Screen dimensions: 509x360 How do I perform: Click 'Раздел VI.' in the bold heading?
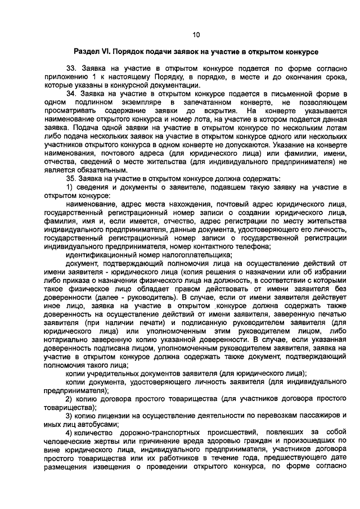pos(92,51)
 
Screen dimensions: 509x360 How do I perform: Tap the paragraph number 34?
pos(71,93)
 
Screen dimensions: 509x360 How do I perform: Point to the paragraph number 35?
pos(71,178)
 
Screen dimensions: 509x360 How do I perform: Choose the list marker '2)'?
pos(70,398)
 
